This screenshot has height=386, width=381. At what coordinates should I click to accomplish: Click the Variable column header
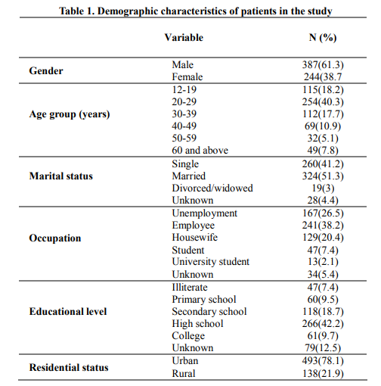[184, 38]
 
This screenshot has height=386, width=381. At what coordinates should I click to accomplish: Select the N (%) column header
[323, 38]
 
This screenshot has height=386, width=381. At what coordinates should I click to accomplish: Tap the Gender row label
[46, 71]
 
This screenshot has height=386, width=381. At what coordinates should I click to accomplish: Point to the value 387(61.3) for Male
[323, 65]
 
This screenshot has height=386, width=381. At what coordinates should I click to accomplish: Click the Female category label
[187, 77]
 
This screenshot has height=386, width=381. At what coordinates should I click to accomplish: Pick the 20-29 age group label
[184, 102]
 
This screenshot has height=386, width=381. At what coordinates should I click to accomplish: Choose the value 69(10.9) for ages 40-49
[323, 126]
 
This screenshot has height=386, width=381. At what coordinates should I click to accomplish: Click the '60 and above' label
[200, 151]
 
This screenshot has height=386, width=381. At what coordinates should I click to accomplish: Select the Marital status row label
[61, 176]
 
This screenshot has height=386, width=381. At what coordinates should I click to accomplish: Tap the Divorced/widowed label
[212, 188]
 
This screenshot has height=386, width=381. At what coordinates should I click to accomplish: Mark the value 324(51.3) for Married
[323, 176]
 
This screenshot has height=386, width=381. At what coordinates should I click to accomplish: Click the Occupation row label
[55, 238]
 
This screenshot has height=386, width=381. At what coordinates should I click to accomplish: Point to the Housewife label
[195, 238]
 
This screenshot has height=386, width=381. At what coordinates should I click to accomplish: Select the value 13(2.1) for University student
[323, 262]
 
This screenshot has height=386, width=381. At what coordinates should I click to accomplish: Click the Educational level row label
[68, 312]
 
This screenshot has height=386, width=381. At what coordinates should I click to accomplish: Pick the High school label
[197, 324]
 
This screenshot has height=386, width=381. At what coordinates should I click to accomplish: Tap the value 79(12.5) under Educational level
[323, 348]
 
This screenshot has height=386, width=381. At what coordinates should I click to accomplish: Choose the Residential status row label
[69, 368]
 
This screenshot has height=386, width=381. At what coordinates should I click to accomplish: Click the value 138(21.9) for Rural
[323, 374]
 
